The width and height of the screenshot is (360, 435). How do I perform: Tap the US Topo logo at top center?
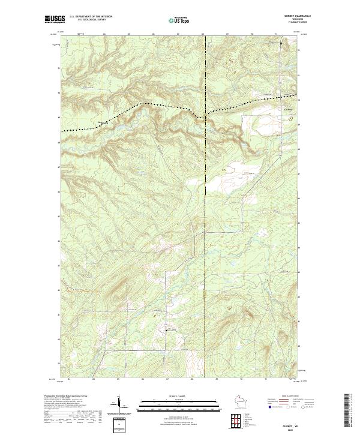(181, 20)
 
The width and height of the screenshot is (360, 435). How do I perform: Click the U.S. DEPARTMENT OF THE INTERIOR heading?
(91, 17)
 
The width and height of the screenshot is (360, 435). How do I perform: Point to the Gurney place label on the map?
(287, 109)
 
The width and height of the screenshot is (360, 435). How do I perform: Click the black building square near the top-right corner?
(281, 44)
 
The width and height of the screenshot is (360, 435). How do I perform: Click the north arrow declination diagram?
(118, 403)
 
